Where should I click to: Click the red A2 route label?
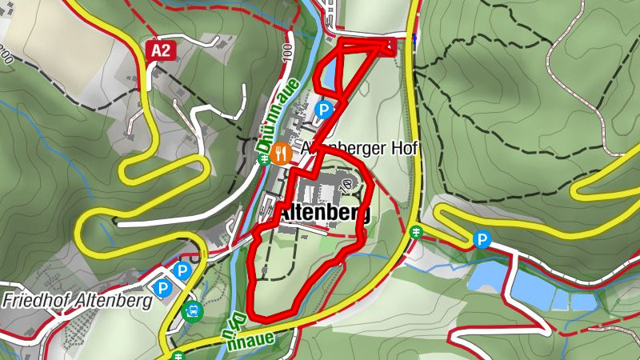161,51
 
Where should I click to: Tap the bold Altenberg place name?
323,214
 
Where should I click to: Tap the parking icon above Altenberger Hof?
325,110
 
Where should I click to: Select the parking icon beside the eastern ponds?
482,239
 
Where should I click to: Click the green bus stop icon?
192,311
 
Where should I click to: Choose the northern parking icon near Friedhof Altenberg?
182,271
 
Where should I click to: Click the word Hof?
406,150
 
